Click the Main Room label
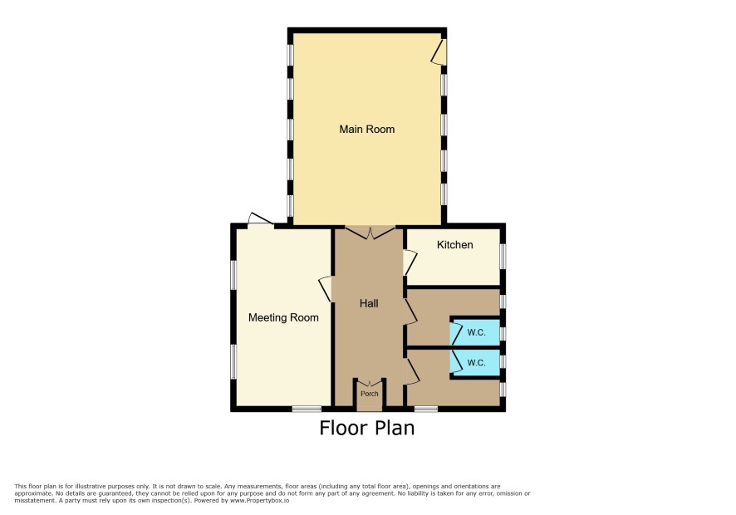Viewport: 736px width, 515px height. tap(366, 129)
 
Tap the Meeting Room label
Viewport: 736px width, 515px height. tap(283, 318)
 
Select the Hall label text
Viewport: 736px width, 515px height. tap(369, 304)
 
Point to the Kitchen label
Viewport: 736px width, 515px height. tap(455, 244)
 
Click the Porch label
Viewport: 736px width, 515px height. tap(370, 394)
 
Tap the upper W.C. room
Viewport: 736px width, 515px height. tap(475, 332)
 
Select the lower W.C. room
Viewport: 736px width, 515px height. tap(475, 363)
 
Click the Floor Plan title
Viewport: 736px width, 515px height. tap(367, 428)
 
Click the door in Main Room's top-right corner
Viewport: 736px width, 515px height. tap(439, 51)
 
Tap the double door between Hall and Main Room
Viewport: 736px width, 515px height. tap(370, 233)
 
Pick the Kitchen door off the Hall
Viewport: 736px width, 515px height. tap(410, 262)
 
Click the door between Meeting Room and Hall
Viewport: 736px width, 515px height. tap(326, 289)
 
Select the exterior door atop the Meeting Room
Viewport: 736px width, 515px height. tap(261, 220)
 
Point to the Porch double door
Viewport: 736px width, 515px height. tap(370, 384)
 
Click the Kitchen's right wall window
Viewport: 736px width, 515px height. tap(503, 256)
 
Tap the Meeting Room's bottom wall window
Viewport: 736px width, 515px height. tap(307, 409)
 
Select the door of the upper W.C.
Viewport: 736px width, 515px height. tap(456, 332)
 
